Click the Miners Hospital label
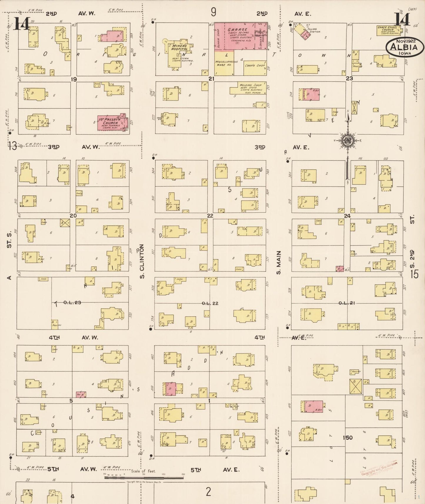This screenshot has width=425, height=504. (x=179, y=48)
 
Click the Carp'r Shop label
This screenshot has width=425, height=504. (x=255, y=65)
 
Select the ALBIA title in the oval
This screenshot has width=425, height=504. (x=405, y=47)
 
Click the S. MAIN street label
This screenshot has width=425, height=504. (x=279, y=262)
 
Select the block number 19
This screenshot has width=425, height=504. (x=74, y=79)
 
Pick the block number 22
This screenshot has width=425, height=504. (x=210, y=216)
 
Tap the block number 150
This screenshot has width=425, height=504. (x=347, y=438)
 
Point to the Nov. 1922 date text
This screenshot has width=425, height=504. (x=406, y=41)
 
